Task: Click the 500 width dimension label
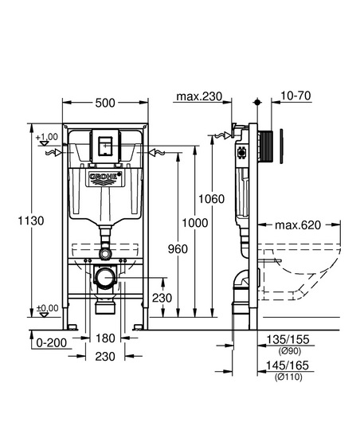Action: pos(105,103)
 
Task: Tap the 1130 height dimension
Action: pos(31,221)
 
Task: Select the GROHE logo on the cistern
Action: pos(104,177)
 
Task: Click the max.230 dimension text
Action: pos(199,96)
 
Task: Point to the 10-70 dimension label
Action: pos(295,96)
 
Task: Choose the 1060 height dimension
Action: pos(211,199)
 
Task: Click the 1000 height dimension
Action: pos(195,223)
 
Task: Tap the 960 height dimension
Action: pos(178,249)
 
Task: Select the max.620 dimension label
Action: pos(298,225)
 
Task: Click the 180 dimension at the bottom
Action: pos(105,338)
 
